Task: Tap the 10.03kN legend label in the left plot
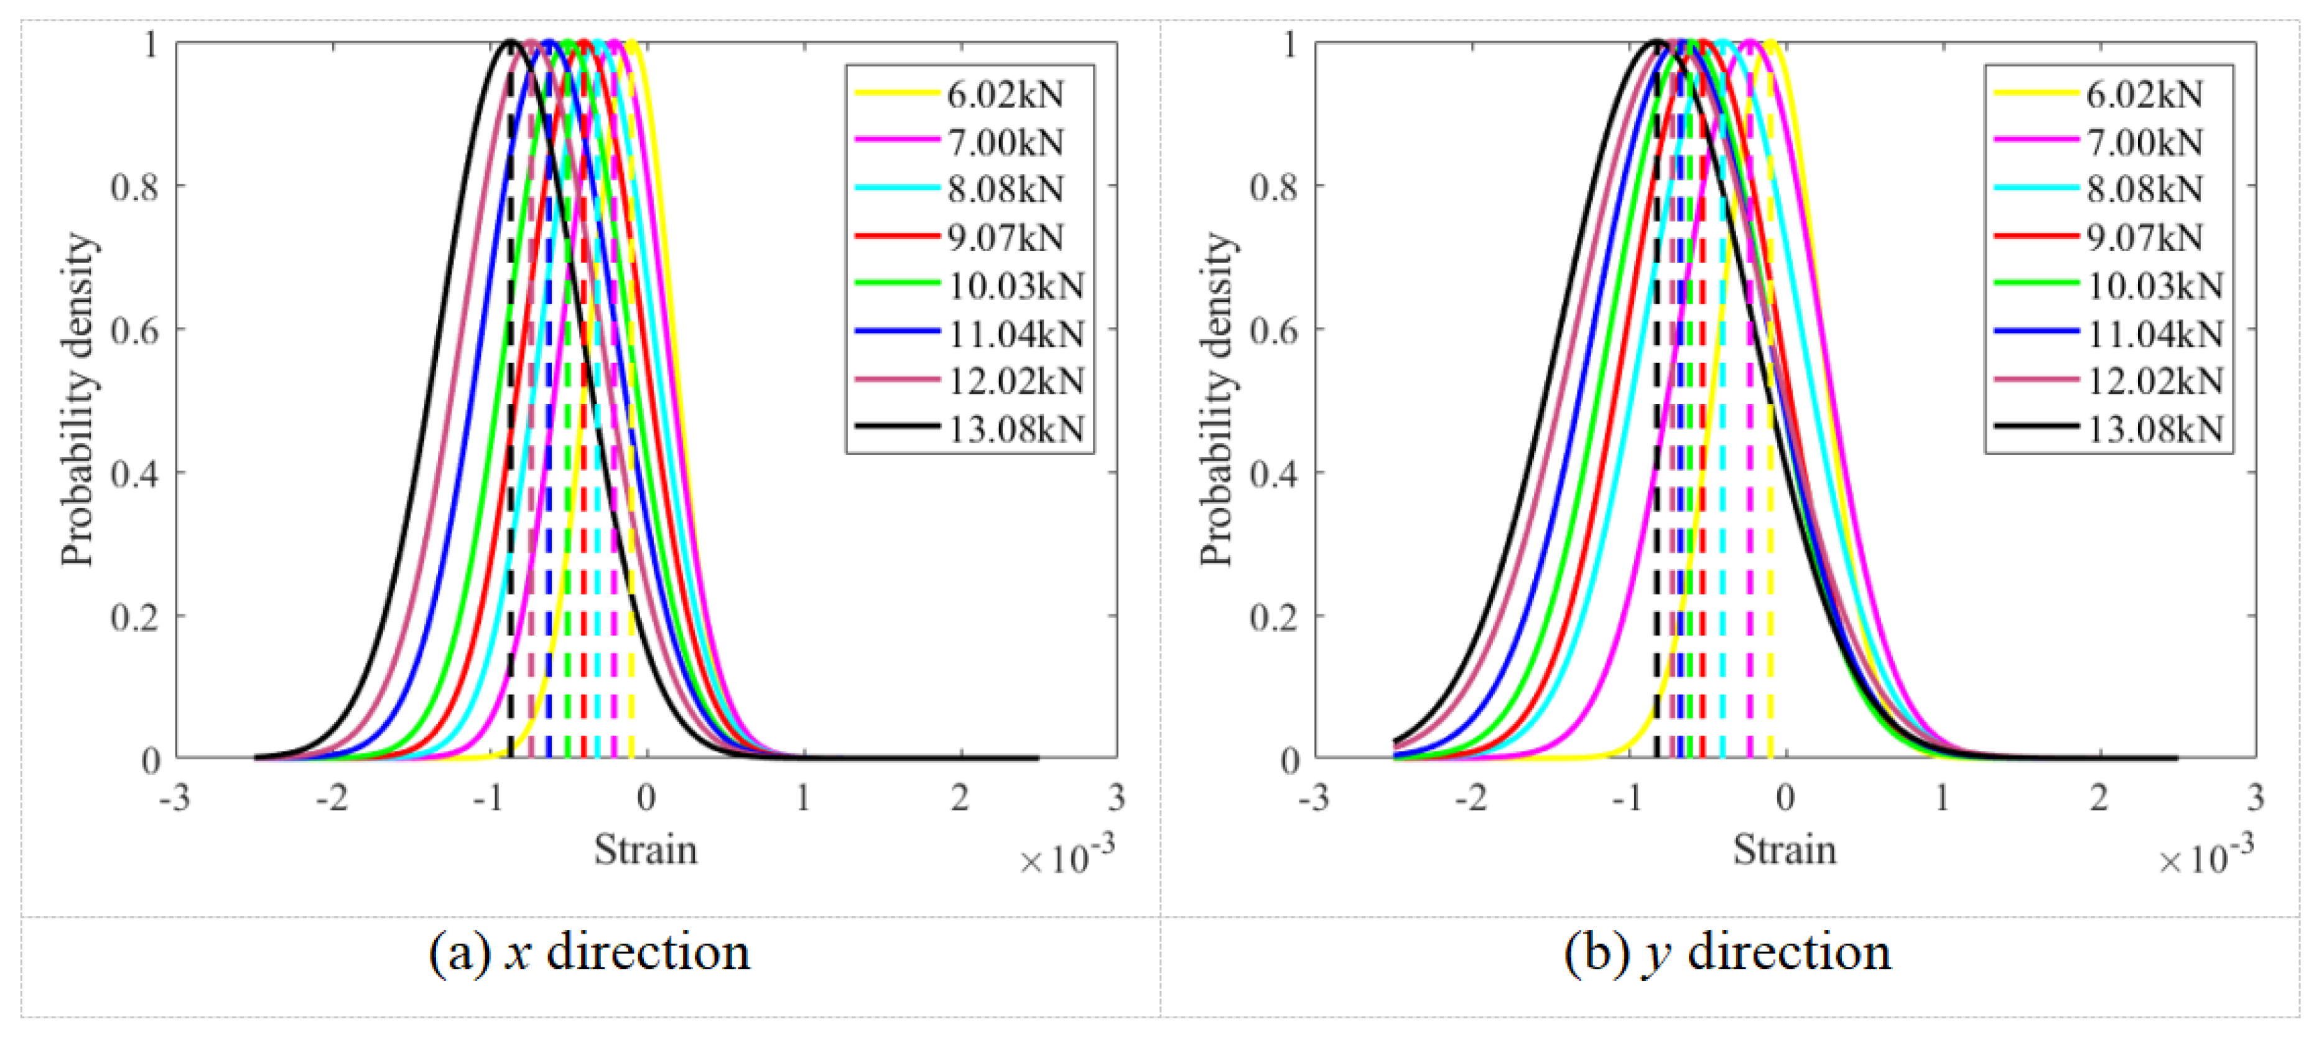1016,286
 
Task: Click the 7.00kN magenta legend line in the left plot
896,141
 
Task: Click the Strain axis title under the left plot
645,849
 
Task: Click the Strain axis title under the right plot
1784,849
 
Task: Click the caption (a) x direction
589,952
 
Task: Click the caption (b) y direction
1727,952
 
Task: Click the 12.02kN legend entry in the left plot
1016,381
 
